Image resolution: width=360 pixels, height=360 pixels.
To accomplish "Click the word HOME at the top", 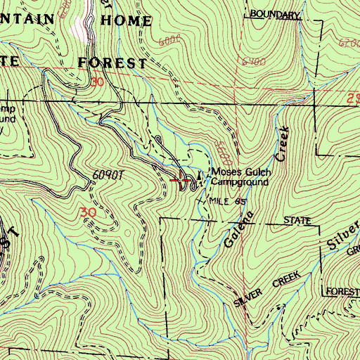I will pyautogui.click(x=126, y=20).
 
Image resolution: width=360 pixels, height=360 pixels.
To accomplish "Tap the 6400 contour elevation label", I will pyautogui.click(x=250, y=61).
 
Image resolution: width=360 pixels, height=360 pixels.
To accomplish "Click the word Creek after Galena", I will pyautogui.click(x=282, y=143).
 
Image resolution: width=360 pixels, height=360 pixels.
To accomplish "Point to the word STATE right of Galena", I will pyautogui.click(x=296, y=221).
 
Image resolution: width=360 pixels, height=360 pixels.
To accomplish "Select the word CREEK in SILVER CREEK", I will pyautogui.click(x=288, y=278).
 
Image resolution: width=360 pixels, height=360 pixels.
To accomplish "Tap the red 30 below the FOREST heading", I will pyautogui.click(x=96, y=82).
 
